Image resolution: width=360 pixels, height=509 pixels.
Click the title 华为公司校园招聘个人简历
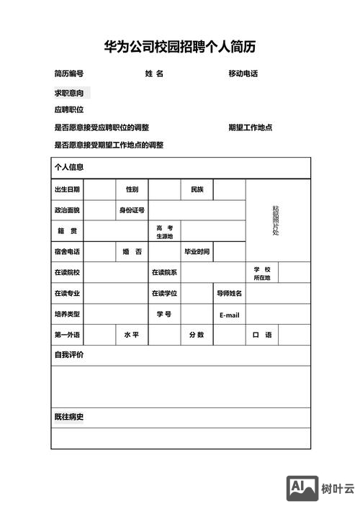pos(180,48)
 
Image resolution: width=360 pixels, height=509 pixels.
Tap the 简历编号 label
pos(69,74)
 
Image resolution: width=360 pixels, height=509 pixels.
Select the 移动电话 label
pos(243,74)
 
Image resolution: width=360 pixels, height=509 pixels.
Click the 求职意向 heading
pos(69,94)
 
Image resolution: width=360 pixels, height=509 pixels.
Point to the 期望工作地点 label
pos(250,127)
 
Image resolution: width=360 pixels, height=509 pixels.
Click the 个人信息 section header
pos(69,167)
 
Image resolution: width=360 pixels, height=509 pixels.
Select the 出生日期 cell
pos(67,189)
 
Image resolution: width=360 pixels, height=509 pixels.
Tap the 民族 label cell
pos(197,189)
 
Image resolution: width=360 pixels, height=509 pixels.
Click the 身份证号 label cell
pos(132,210)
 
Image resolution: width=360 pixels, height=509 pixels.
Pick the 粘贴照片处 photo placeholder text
pos(275,220)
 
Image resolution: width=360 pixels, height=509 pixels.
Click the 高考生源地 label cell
pos(165,231)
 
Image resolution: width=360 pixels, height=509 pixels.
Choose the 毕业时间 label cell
pos(197,252)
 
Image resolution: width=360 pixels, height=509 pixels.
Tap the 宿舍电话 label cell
pos(67,252)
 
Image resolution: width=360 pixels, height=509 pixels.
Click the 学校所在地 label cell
pos(261,273)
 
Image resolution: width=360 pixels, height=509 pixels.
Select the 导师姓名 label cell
pos(230,294)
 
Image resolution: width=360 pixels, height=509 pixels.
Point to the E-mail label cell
pos(230,315)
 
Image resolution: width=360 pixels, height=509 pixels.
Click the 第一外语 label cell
pos(67,335)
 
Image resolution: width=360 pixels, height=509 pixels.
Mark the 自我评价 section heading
pos(69,355)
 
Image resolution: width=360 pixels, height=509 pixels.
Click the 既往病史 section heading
pos(69,418)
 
